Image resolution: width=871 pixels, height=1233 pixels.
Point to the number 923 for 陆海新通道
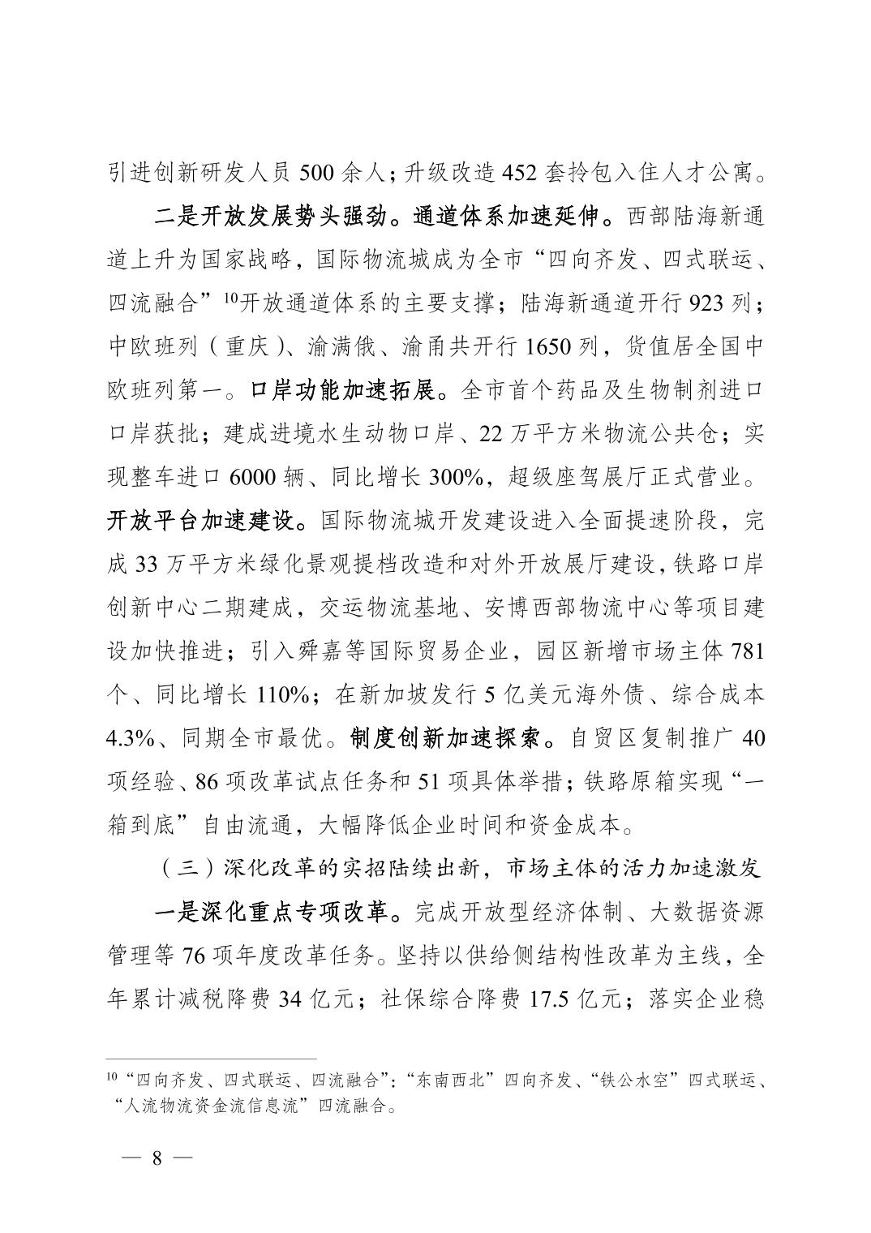709,303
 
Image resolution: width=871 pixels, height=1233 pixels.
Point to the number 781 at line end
748,652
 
